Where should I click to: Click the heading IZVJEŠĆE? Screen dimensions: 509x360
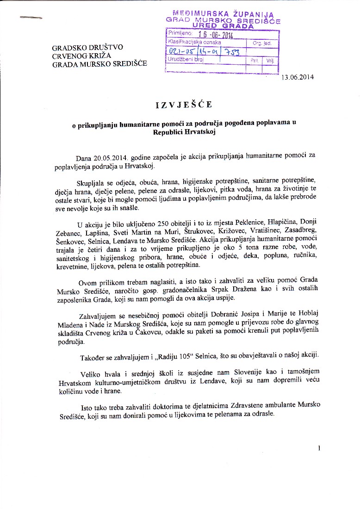point(184,105)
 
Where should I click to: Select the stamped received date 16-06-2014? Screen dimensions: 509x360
point(215,35)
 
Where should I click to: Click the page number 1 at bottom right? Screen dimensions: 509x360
point(319,447)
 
